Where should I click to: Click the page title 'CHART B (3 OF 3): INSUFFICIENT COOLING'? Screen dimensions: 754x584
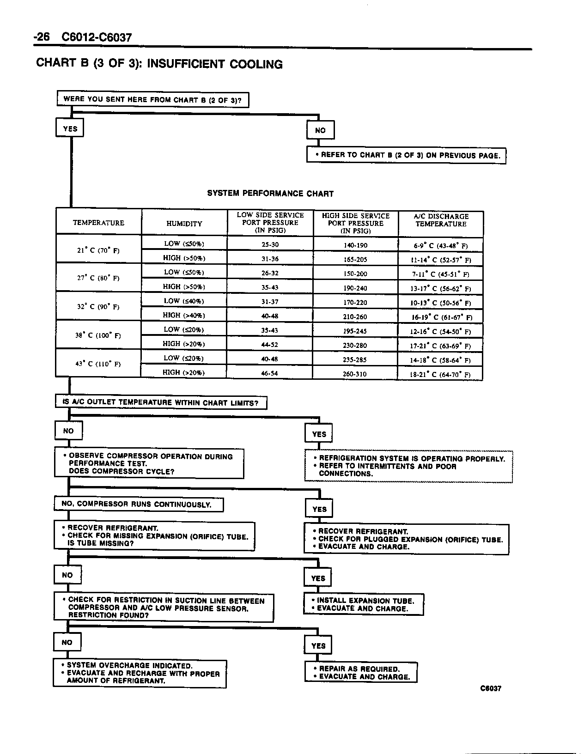coord(159,64)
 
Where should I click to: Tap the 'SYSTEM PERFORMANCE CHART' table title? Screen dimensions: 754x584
coord(270,194)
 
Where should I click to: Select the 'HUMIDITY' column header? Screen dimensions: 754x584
coord(184,224)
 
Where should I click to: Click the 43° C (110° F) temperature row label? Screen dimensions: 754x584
coord(98,364)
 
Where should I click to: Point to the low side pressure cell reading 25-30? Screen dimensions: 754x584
coord(270,244)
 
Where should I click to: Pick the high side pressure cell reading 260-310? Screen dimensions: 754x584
coord(355,374)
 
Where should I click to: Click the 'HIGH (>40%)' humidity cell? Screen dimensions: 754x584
coord(184,316)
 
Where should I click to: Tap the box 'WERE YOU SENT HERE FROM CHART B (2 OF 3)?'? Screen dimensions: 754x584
coord(152,99)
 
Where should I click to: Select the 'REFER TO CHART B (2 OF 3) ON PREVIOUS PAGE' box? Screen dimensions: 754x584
coord(406,155)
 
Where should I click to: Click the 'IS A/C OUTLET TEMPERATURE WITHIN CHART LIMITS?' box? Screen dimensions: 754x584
coord(161,402)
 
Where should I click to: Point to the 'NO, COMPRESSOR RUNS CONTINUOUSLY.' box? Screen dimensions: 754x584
coord(139,504)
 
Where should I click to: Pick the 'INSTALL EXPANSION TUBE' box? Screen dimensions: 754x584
coord(363,604)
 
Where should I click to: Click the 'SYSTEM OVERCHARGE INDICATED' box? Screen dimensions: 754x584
coord(140,673)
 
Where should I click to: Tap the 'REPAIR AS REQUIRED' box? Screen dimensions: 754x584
coord(361,673)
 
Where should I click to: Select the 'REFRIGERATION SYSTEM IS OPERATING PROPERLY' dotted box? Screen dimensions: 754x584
coord(408,466)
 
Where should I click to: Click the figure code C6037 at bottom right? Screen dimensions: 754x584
coord(491,688)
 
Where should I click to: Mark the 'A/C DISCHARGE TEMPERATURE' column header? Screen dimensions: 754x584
coord(441,220)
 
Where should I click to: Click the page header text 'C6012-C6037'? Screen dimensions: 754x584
coord(97,37)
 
